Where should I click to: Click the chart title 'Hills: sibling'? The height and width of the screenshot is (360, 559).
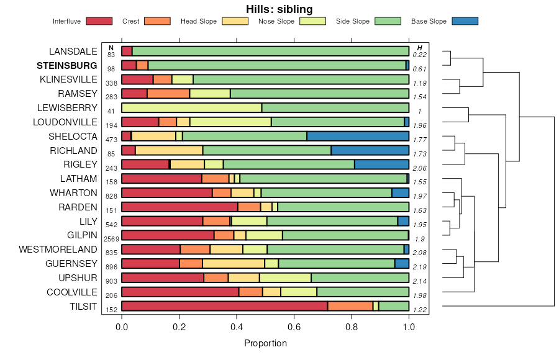pos(279,9)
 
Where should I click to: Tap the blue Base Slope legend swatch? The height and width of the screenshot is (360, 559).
pos(465,21)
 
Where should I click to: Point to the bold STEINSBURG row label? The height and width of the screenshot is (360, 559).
pos(67,65)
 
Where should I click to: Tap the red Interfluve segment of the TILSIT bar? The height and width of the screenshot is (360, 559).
pos(224,306)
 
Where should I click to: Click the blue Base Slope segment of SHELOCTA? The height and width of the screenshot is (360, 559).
pos(358,136)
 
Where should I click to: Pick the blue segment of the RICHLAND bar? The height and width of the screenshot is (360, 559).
pos(370,150)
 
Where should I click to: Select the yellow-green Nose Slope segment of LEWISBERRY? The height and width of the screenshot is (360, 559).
pos(191,108)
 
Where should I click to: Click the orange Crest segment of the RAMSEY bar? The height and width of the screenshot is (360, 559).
pos(168,94)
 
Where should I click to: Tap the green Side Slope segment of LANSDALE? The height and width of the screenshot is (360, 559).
pos(270,51)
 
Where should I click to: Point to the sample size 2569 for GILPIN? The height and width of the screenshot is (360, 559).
pos(111,239)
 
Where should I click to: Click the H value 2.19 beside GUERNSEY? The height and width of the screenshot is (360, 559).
pos(420,267)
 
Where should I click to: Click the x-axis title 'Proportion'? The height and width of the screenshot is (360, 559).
pos(265,343)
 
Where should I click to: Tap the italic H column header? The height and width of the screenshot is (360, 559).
pos(420,48)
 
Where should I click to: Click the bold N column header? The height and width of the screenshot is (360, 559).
pos(111,48)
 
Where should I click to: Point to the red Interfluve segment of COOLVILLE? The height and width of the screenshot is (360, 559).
pos(180,292)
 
